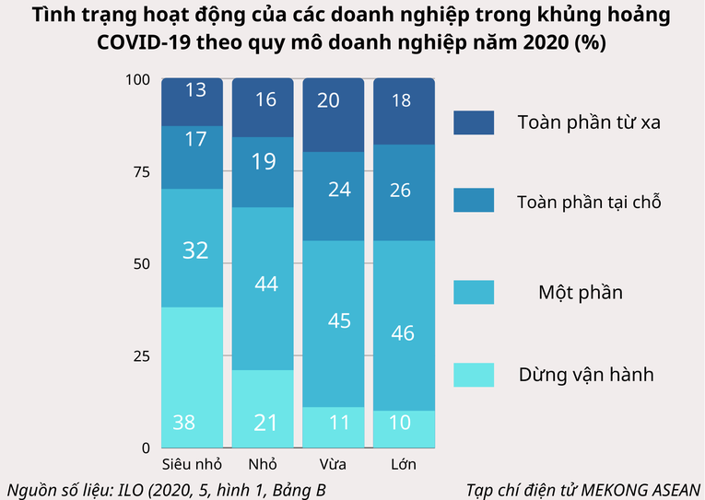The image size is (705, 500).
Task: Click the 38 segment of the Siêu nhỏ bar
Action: (192, 378)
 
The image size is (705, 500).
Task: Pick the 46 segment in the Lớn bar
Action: (404, 325)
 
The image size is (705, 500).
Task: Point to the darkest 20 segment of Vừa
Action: (333, 116)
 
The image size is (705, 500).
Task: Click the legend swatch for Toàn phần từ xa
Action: (474, 122)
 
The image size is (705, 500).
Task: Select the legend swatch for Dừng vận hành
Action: (474, 374)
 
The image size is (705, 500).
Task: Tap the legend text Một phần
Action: (580, 293)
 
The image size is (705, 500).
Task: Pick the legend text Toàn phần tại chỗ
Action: (589, 201)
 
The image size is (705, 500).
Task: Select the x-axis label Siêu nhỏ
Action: (192, 463)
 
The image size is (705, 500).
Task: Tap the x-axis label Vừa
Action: (333, 463)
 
